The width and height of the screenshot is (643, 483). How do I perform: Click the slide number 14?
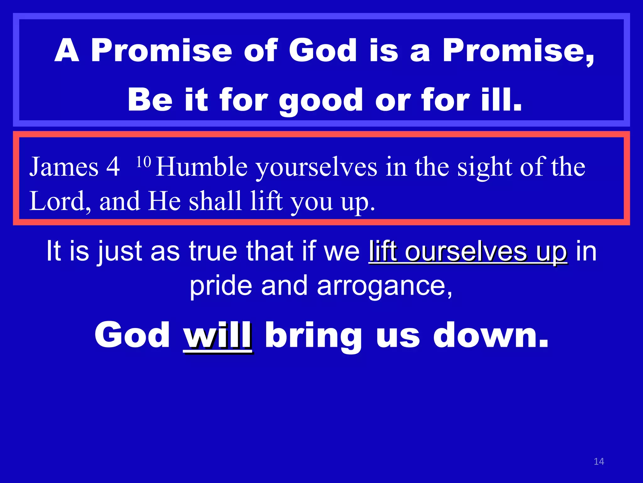pyautogui.click(x=599, y=461)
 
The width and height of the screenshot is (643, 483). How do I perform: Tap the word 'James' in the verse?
pyautogui.click(x=64, y=167)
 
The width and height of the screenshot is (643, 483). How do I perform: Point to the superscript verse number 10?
pyautogui.click(x=144, y=162)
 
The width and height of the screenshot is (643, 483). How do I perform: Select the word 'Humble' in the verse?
pyautogui.click(x=202, y=167)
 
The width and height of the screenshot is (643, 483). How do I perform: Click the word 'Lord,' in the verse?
pyautogui.click(x=60, y=201)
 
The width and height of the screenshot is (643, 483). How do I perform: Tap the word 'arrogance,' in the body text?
pyautogui.click(x=385, y=286)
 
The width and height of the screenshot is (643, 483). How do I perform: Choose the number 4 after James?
pyautogui.click(x=113, y=167)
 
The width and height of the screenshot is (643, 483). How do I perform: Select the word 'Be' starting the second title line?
pyautogui.click(x=150, y=100)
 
